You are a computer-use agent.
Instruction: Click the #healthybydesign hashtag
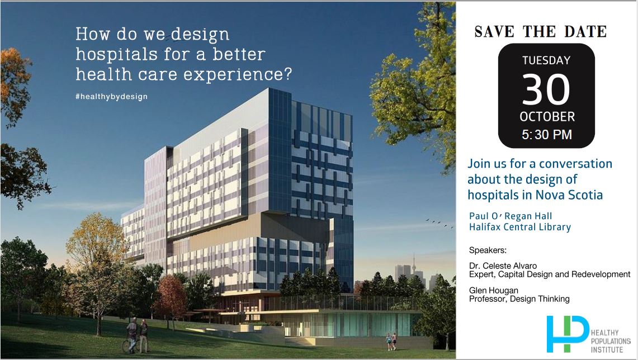pos(111,96)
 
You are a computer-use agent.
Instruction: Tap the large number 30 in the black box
pos(546,90)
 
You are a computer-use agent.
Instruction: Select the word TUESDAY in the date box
pos(546,60)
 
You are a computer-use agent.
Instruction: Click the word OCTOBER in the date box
pos(547,117)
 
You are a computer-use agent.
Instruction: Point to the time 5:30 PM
pos(546,135)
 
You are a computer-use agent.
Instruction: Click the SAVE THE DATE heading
pos(540,32)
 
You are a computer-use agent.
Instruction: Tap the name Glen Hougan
pos(494,290)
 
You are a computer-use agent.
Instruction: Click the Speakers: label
pos(487,249)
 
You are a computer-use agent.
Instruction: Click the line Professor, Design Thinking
pos(519,299)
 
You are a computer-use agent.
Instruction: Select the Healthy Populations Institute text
pos(610,341)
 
